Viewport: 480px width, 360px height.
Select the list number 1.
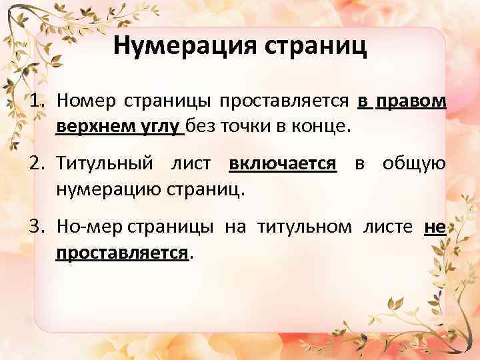[x=38, y=101]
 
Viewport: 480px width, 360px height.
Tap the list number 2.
[x=38, y=165]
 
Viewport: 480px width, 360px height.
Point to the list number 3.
[x=38, y=228]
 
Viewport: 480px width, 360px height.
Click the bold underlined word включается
[x=282, y=165]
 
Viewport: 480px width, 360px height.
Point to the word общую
[x=414, y=165]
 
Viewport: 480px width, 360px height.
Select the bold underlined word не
[x=435, y=228]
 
